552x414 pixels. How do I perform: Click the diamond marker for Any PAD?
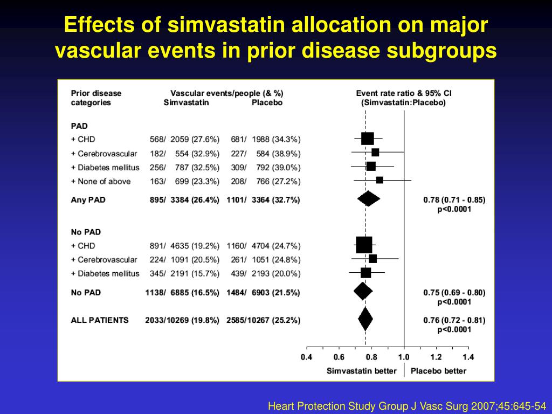(x=368, y=199)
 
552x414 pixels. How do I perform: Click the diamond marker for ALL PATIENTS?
(x=365, y=319)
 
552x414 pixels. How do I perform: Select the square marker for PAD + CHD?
(x=367, y=139)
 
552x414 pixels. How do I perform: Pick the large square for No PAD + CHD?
(x=364, y=245)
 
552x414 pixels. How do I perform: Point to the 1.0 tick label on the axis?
(x=403, y=356)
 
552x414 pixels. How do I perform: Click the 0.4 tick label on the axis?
(x=306, y=356)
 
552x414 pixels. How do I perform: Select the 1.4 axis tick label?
(x=468, y=356)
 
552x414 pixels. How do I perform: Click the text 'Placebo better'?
(x=438, y=371)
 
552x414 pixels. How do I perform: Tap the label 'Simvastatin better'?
(x=362, y=371)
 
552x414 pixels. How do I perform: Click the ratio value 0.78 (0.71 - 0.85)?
(x=454, y=199)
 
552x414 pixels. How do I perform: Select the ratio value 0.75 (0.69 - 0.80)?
(x=454, y=293)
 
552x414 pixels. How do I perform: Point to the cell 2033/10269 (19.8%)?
(x=182, y=320)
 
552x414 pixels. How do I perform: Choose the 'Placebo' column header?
(x=267, y=102)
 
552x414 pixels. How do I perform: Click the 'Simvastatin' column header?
(x=186, y=102)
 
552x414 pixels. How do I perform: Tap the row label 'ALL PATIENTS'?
(x=100, y=320)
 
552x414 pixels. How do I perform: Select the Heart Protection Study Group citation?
(x=407, y=405)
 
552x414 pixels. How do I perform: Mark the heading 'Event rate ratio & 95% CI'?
(x=404, y=93)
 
